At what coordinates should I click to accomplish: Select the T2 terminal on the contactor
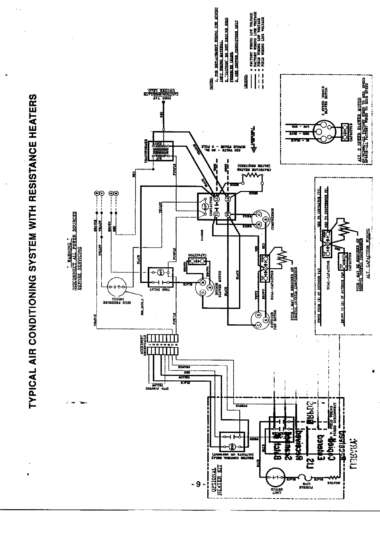[228, 214]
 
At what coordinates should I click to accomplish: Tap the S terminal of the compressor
[265, 219]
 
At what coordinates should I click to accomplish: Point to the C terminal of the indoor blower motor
[202, 293]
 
